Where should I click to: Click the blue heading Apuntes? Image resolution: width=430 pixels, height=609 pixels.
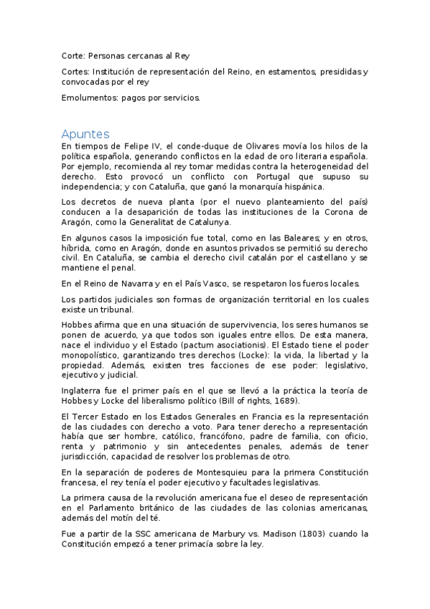(x=85, y=134)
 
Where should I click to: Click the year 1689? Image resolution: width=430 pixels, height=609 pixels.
(x=284, y=401)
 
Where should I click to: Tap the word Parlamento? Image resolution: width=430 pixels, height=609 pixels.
(x=101, y=508)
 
